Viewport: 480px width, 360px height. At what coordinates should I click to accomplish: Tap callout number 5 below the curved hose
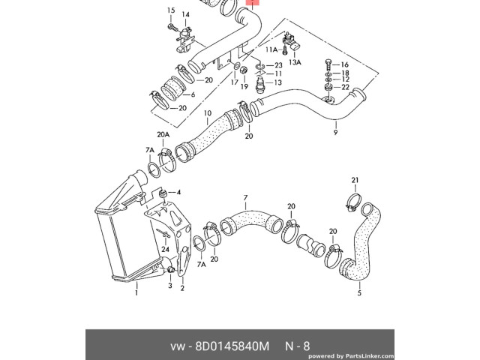(x=359, y=292)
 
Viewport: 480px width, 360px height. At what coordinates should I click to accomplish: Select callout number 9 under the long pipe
(x=335, y=132)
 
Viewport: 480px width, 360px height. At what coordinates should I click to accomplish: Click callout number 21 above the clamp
(x=356, y=180)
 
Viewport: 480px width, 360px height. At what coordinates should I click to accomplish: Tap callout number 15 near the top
(x=170, y=10)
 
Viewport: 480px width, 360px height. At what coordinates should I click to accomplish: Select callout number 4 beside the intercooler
(x=179, y=193)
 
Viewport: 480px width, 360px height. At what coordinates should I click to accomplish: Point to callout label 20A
(x=163, y=135)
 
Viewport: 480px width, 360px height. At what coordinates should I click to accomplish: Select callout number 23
(x=278, y=65)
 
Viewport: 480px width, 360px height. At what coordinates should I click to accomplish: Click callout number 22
(x=345, y=88)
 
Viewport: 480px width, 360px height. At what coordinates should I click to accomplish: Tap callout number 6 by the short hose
(x=193, y=95)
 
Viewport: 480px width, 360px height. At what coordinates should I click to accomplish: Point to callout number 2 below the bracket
(x=182, y=286)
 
